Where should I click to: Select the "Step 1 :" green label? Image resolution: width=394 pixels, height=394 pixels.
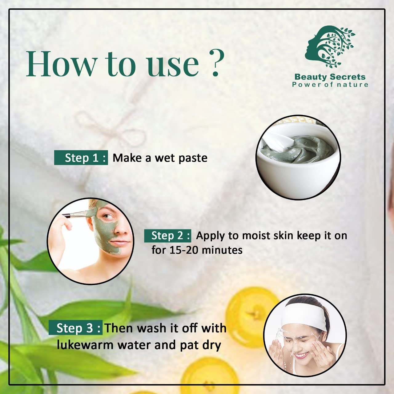[81, 158]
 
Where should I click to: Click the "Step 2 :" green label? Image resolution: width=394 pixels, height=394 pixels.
[168, 236]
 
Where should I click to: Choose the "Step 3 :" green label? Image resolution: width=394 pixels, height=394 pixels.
[76, 328]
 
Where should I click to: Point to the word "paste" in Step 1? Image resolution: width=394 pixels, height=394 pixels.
[193, 158]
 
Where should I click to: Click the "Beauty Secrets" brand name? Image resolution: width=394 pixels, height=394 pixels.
[330, 77]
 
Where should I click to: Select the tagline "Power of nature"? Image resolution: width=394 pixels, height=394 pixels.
[330, 85]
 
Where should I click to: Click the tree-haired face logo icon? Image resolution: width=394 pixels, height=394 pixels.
[329, 46]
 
